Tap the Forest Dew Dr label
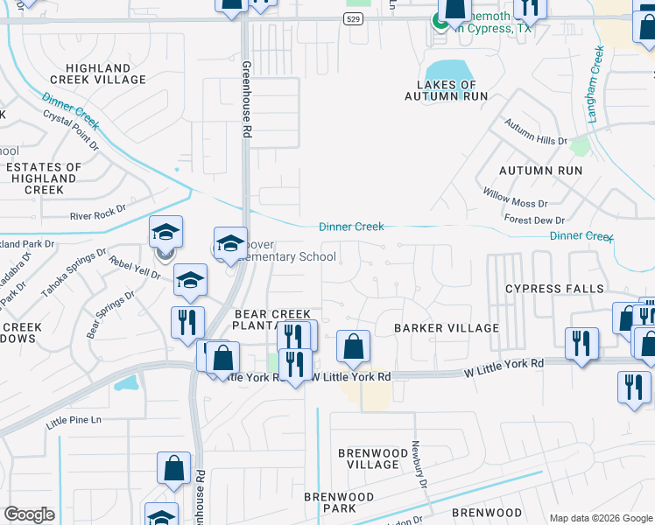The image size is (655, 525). click(534, 220)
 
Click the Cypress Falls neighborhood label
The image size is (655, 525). click(554, 289)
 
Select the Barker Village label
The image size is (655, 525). click(446, 328)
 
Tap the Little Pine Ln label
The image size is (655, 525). click(74, 421)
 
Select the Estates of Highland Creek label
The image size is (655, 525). click(44, 178)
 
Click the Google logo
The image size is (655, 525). click(30, 514)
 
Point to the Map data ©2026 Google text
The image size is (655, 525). click(600, 517)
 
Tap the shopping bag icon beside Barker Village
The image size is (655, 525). click(352, 347)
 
